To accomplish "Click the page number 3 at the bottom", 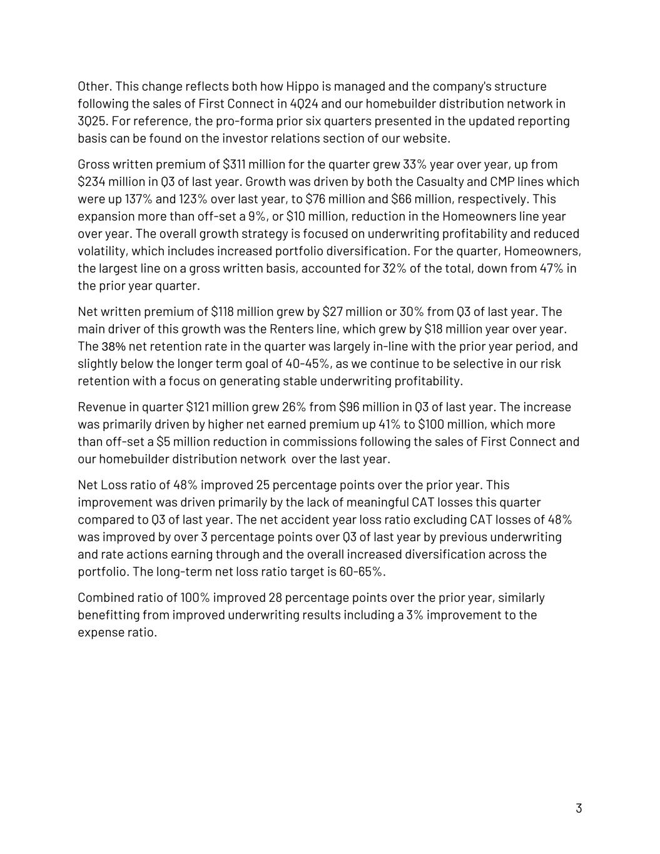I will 579,808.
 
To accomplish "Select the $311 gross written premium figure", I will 235,165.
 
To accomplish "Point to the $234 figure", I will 91,182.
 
